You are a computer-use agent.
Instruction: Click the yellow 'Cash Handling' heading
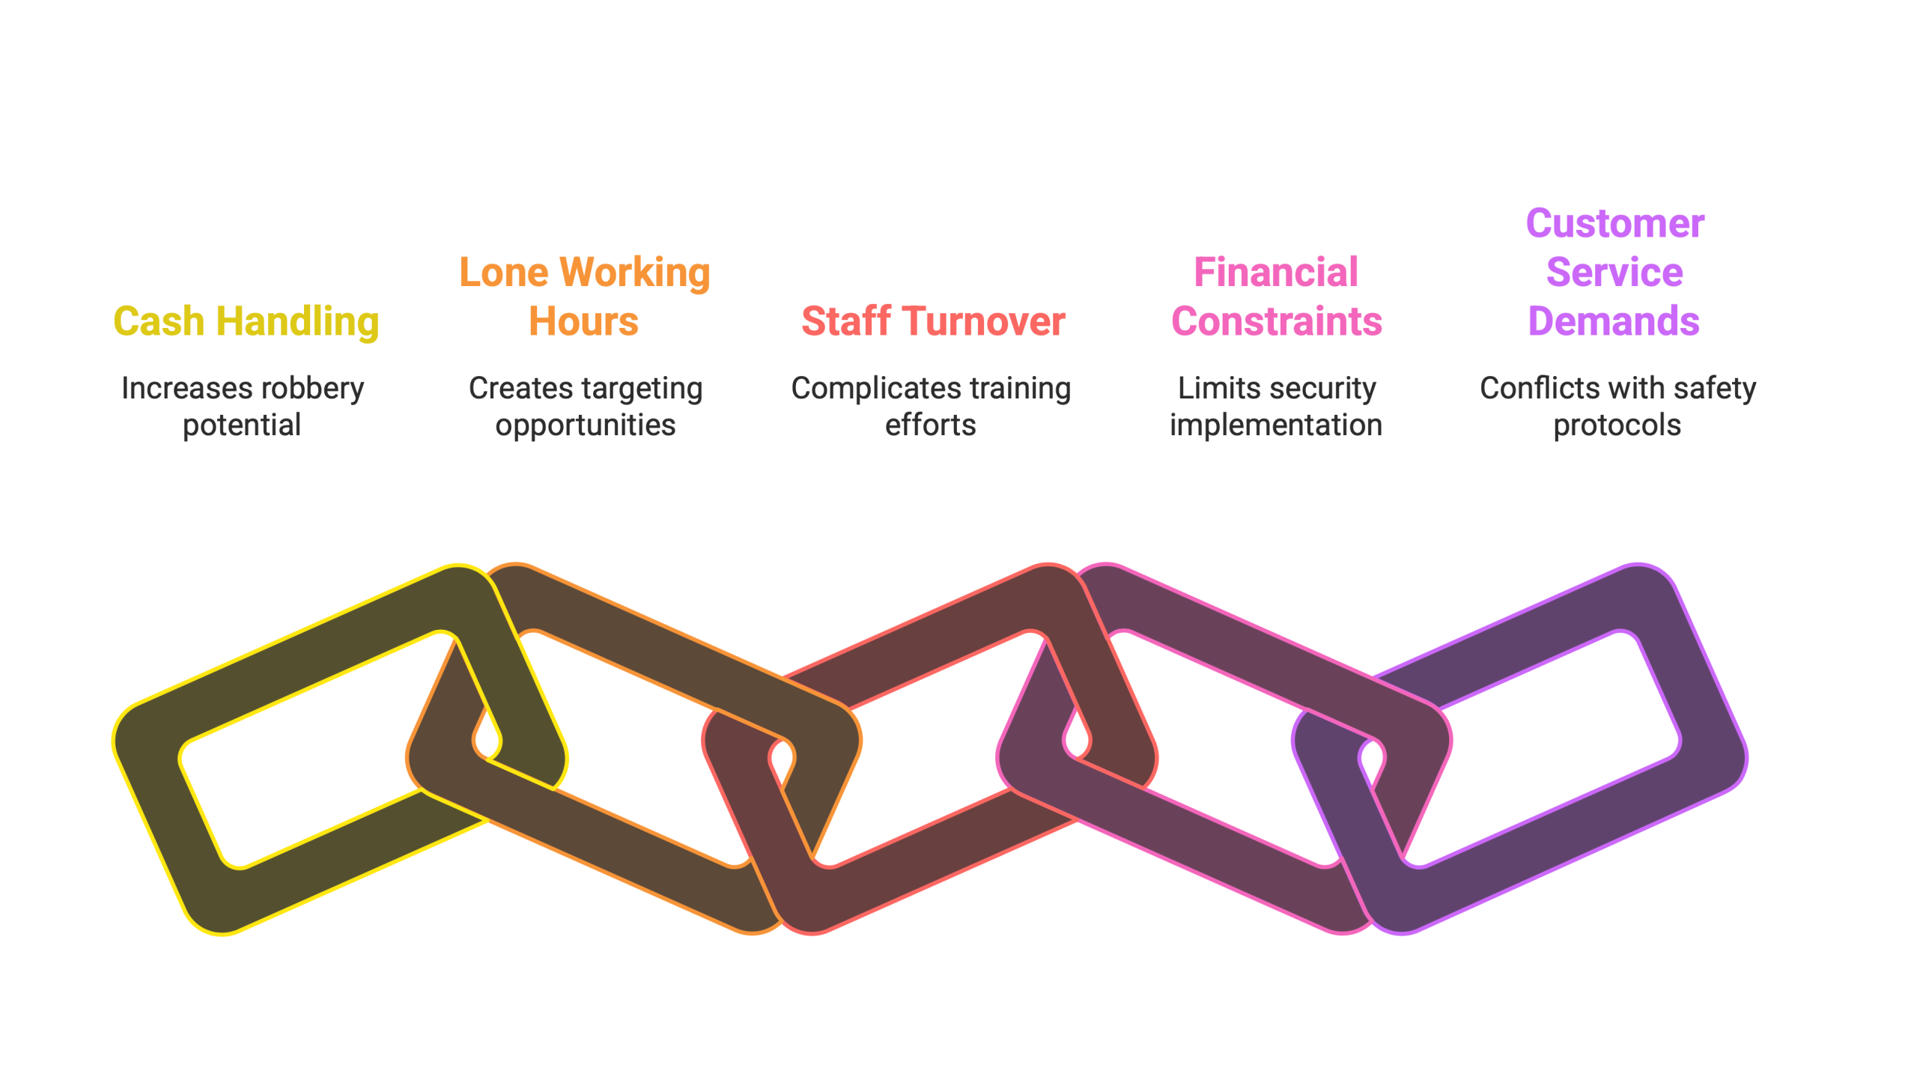click(246, 322)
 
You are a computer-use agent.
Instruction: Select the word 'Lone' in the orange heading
click(503, 273)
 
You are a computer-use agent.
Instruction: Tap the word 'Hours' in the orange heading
click(584, 322)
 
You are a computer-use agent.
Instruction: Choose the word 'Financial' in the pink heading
click(1276, 273)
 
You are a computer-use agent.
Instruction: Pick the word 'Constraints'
click(1277, 322)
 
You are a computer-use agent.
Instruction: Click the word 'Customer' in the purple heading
click(1615, 224)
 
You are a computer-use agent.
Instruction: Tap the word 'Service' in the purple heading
click(1615, 273)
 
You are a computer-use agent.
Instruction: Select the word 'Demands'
click(1614, 322)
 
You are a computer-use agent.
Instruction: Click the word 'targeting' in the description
click(643, 389)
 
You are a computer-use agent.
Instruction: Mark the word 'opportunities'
click(586, 425)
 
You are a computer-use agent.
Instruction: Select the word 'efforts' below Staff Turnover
click(931, 425)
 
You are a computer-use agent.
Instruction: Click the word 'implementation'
click(1276, 425)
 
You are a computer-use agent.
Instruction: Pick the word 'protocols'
click(1617, 425)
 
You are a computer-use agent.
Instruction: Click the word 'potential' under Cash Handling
click(242, 425)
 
